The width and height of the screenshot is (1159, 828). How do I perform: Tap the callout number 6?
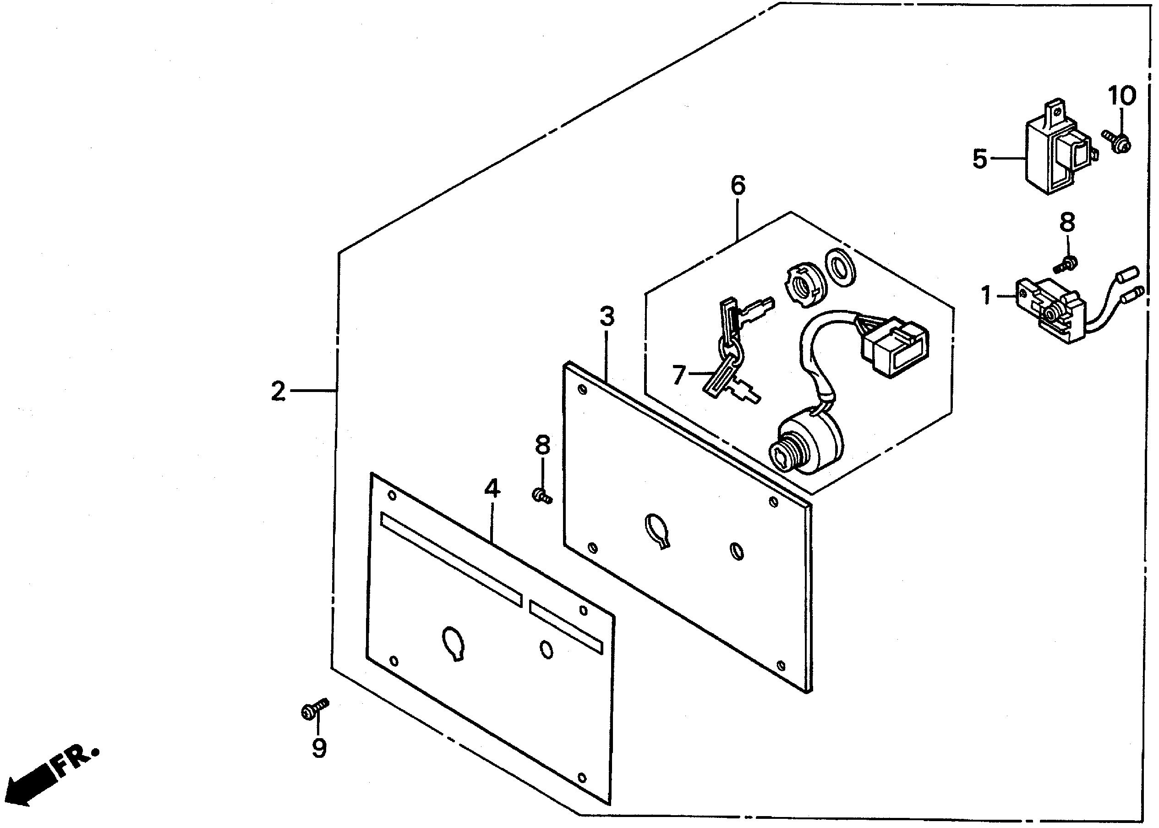[x=738, y=185]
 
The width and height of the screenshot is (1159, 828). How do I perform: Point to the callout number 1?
[x=986, y=295]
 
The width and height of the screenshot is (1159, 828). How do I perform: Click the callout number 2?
[x=278, y=392]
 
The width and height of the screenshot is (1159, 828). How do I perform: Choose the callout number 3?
[x=607, y=317]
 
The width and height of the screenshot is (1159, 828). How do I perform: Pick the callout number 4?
[x=492, y=488]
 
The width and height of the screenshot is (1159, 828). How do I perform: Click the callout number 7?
[x=678, y=375]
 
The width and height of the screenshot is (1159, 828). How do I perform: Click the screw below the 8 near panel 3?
[x=542, y=495]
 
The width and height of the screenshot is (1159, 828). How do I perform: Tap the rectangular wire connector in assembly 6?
[x=895, y=347]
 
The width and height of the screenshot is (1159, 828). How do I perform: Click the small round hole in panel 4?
[x=547, y=649]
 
